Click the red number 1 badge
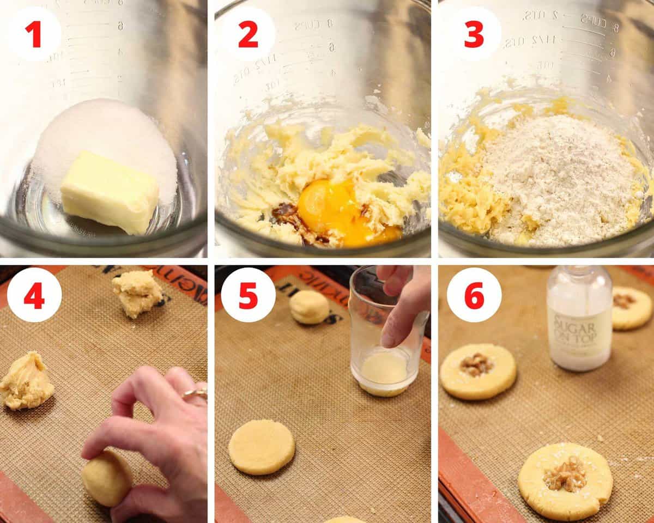coord(34,34)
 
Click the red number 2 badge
coord(248,34)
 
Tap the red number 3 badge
coord(474,34)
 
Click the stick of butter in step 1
coord(109,192)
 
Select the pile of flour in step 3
coord(556,174)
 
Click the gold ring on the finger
coord(195,393)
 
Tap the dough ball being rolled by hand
coord(106,477)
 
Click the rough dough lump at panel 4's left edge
coord(26,382)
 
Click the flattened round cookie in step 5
coord(262,447)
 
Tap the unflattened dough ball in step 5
coord(308,307)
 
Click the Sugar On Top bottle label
coord(579,330)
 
